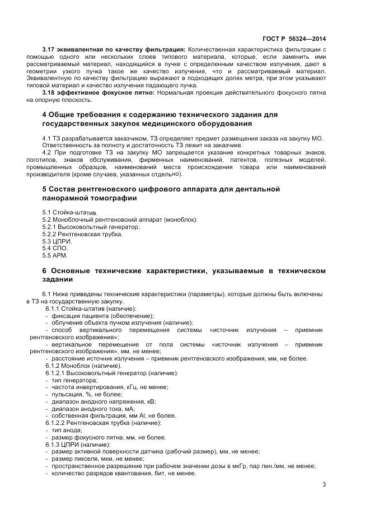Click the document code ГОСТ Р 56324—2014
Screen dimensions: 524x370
point(295,39)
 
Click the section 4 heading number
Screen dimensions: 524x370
point(45,115)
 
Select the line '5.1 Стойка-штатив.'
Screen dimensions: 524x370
point(69,213)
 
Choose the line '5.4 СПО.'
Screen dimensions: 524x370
point(55,248)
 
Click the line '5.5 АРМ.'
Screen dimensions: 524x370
point(55,255)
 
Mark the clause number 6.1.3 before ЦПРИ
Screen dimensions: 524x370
point(54,445)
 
